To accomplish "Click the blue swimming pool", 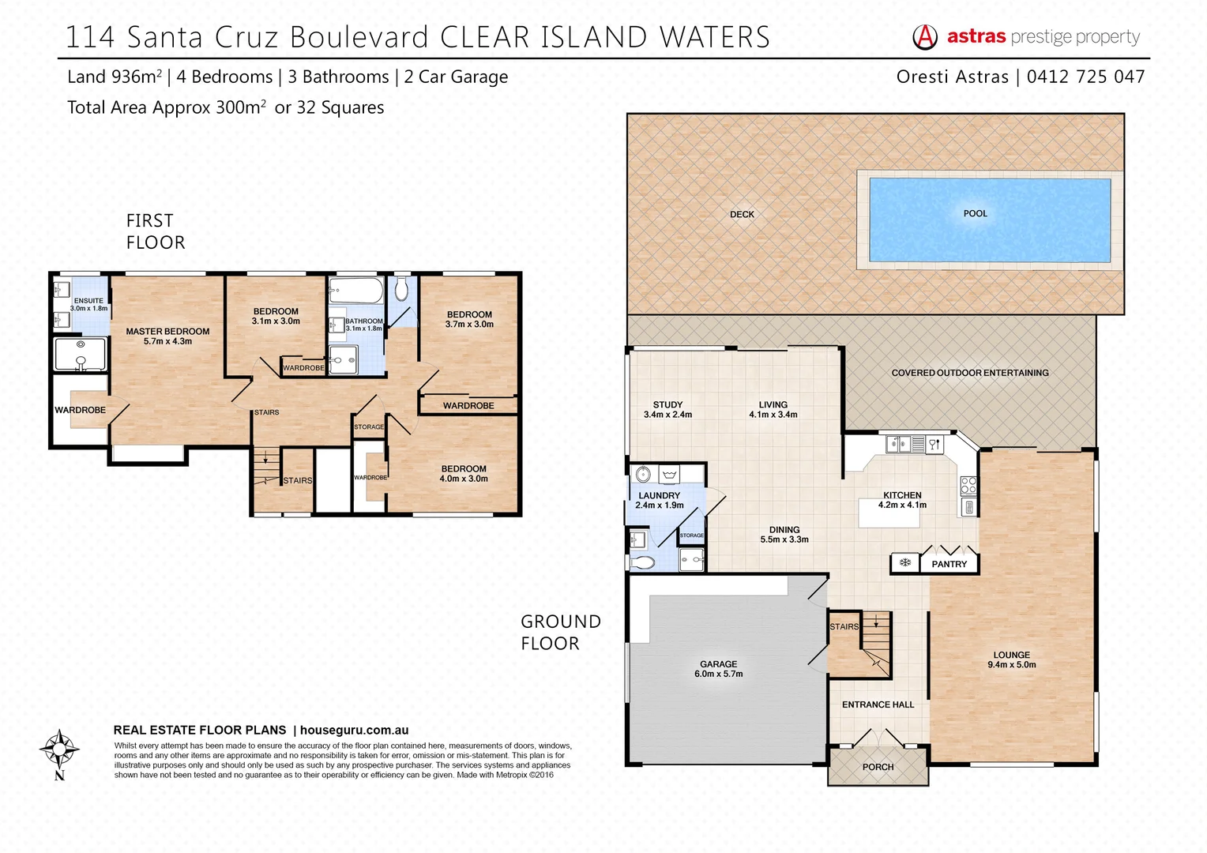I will click(x=989, y=220).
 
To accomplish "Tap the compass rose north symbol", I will click(x=59, y=749).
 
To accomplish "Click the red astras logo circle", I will click(x=925, y=37).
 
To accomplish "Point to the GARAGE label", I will click(x=718, y=664).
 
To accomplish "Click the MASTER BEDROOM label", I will click(x=167, y=332).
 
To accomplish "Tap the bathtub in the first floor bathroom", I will click(x=355, y=290).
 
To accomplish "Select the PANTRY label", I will click(x=949, y=564).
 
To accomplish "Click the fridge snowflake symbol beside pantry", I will click(x=905, y=563).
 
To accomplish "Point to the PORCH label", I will click(x=878, y=767).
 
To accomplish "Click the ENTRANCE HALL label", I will click(x=878, y=705).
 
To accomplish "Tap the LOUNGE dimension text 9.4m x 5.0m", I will click(x=1011, y=665).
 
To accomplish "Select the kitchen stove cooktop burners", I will click(x=968, y=485).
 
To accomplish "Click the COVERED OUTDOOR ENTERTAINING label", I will click(x=970, y=373).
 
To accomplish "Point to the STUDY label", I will click(x=667, y=404).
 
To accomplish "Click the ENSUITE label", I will click(x=88, y=301).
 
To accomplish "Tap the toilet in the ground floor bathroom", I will click(x=642, y=563).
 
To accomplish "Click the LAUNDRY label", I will click(x=659, y=496).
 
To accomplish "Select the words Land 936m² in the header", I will click(x=115, y=77).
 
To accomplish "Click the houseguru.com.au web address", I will click(x=354, y=731).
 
